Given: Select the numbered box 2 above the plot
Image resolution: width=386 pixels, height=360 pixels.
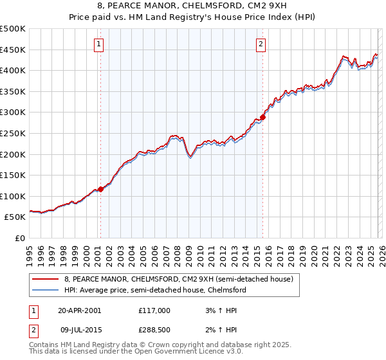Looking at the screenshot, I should coord(261,44).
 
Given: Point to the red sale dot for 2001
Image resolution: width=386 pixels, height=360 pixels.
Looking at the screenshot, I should coord(101,189).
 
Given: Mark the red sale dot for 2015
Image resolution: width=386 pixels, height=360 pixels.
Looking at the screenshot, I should coord(262,117).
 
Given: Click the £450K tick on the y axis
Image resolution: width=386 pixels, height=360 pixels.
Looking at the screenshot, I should coord(13,50).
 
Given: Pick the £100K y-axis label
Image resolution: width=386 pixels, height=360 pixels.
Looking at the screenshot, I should coord(13,196).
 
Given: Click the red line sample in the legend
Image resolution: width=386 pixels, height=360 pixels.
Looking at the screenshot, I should coord(46,279).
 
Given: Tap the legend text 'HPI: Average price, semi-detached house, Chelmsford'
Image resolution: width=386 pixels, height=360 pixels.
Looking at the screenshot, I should coord(155,291).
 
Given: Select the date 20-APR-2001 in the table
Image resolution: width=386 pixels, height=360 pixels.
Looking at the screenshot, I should coord(79,310).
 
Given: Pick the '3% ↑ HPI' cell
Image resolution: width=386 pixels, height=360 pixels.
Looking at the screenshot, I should coord(221,310).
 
